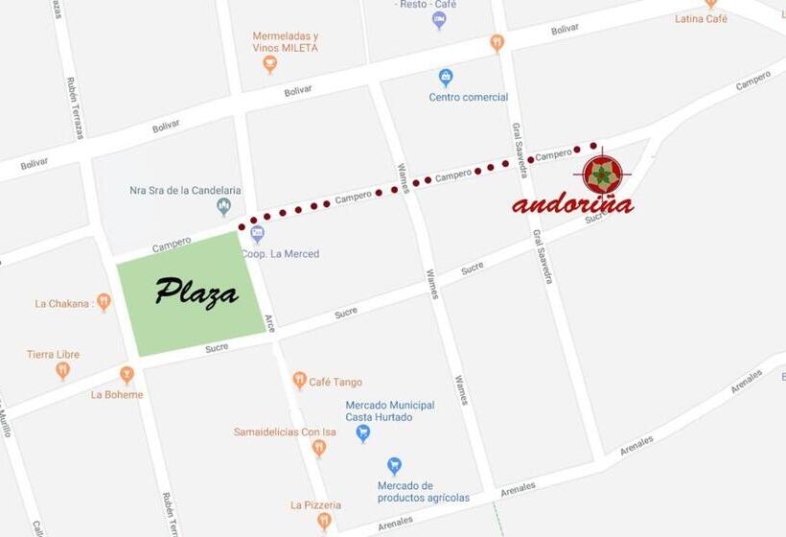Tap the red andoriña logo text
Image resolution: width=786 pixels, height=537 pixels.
coord(572,204)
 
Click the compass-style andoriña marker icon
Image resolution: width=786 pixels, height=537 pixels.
coord(602,174)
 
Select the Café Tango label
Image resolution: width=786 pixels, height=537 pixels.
coord(335,382)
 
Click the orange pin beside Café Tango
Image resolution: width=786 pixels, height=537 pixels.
coord(299,381)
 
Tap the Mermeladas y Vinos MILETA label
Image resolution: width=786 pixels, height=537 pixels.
coord(285,41)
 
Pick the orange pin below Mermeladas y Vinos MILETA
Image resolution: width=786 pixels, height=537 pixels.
coord(269,64)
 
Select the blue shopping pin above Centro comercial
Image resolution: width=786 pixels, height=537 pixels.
coord(445,77)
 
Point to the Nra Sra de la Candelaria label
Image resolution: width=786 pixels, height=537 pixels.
coord(185,190)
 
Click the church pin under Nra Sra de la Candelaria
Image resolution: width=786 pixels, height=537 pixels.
coord(223,206)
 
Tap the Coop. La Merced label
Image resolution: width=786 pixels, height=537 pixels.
coord(280,254)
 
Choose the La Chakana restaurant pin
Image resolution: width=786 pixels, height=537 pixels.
coord(104,302)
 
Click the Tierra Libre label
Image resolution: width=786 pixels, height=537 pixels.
coord(53,355)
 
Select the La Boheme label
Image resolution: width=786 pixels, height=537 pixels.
coord(117,394)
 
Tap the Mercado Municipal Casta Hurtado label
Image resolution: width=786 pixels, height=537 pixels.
coord(389,411)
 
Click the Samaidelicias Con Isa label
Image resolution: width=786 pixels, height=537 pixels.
coord(285,432)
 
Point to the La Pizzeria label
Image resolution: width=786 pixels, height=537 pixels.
coord(315,504)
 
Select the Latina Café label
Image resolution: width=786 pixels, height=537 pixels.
coord(701,18)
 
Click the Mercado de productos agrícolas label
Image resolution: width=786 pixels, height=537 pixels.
coord(423,491)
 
